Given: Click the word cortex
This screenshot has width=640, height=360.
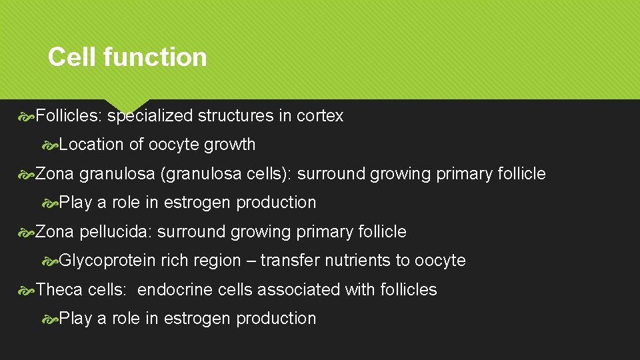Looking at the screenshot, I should (x=320, y=116).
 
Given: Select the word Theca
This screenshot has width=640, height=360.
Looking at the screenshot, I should (x=60, y=290).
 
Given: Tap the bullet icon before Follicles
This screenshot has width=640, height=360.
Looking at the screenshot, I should (x=27, y=117).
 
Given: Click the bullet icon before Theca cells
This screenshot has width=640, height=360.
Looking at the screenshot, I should (x=27, y=290).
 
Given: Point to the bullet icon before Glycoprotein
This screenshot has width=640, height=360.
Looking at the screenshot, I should (x=50, y=261).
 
